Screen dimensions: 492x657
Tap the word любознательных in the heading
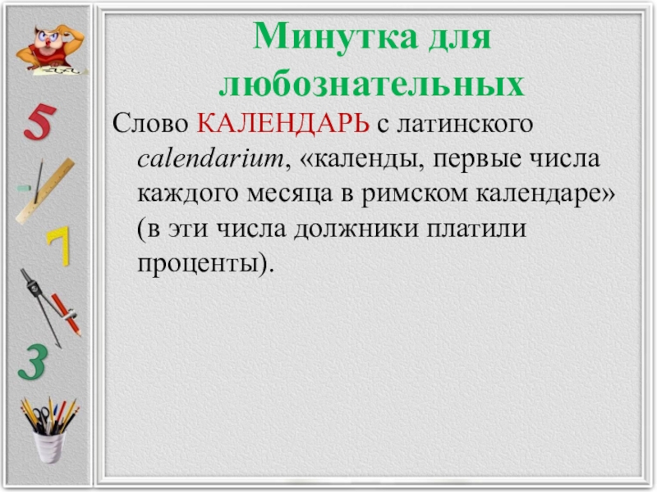pos(371,84)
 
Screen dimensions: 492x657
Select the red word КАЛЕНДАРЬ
pos(284,126)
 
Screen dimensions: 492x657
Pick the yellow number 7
pos(58,246)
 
